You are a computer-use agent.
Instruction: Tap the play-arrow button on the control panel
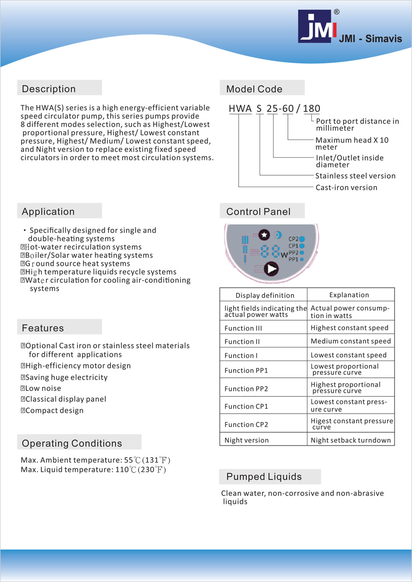click(271, 269)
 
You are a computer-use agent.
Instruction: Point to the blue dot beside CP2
click(302, 239)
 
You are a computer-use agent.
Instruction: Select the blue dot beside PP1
click(302, 259)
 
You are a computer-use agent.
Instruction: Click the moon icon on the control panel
click(277, 234)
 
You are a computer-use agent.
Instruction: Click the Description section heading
click(49, 89)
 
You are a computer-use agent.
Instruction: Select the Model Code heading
click(254, 89)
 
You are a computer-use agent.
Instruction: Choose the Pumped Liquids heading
click(264, 476)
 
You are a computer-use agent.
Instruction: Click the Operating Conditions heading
click(72, 443)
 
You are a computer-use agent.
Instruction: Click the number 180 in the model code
click(312, 109)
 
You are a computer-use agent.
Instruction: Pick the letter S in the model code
click(259, 109)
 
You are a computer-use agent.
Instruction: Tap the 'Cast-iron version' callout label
click(346, 188)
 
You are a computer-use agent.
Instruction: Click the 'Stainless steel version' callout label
click(355, 176)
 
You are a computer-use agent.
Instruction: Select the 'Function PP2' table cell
click(246, 389)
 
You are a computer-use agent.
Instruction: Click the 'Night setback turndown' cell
click(351, 440)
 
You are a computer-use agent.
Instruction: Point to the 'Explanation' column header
click(349, 295)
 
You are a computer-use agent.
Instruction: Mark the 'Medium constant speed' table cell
click(351, 341)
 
